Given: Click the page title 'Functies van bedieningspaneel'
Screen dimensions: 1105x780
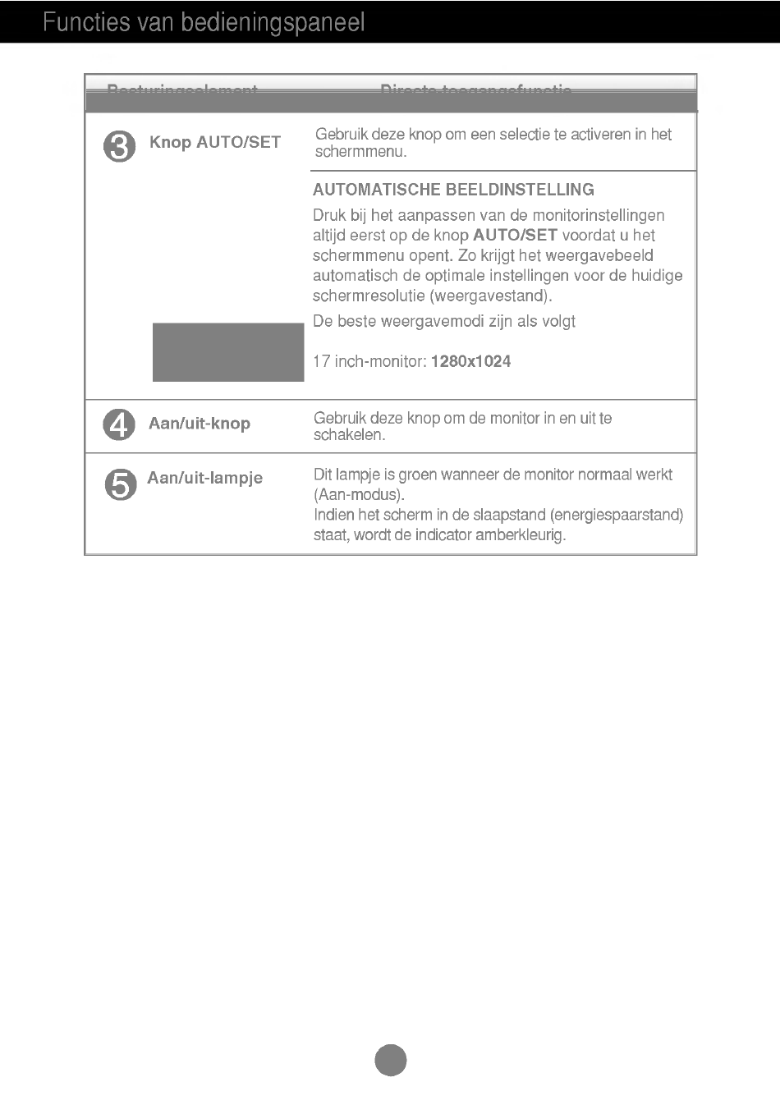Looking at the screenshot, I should click(204, 22).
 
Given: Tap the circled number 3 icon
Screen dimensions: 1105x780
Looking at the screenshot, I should click(120, 148).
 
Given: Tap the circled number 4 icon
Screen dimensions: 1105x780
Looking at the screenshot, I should click(119, 424).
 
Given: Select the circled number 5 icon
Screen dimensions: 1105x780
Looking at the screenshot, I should click(120, 484).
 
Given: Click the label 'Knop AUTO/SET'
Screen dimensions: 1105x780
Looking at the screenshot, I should click(215, 143).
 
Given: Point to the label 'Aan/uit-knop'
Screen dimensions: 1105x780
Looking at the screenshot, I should click(200, 424).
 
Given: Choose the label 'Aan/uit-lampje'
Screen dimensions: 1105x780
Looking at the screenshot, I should click(205, 478).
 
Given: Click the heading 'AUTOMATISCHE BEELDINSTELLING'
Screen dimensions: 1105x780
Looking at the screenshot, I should click(453, 190).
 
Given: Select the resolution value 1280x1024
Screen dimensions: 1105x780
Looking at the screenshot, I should click(470, 361).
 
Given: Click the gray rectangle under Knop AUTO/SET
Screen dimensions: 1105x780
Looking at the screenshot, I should click(228, 352).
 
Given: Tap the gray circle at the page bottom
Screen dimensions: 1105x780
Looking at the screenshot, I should click(391, 1060).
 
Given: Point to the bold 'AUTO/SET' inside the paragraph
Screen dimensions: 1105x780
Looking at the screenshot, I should click(515, 236).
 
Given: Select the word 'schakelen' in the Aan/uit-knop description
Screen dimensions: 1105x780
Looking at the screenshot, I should click(348, 435).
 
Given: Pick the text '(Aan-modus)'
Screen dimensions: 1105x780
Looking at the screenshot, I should click(359, 495).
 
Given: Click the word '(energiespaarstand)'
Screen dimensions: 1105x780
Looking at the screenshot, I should click(617, 516).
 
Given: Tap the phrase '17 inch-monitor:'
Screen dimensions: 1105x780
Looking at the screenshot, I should click(369, 361).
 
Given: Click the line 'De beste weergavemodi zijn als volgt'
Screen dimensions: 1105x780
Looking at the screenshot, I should click(444, 321).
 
